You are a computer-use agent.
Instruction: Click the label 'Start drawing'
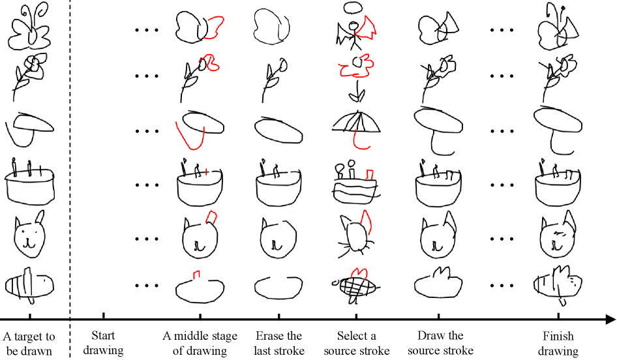tap(103, 342)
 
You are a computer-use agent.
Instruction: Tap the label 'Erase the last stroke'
tap(279, 342)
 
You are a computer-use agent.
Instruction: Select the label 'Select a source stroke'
tap(357, 342)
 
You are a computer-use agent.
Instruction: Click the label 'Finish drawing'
tap(558, 342)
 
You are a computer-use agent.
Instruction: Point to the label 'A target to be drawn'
tap(29, 343)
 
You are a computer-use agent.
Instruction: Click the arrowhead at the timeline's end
tap(610, 319)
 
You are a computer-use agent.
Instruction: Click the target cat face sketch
tap(29, 233)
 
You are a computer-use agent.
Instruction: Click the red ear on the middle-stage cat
tap(212, 218)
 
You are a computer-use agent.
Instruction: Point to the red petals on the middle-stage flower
tap(211, 63)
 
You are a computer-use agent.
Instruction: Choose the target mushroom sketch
tap(29, 129)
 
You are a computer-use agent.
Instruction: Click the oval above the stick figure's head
tap(353, 7)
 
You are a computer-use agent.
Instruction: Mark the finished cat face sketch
tap(558, 234)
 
